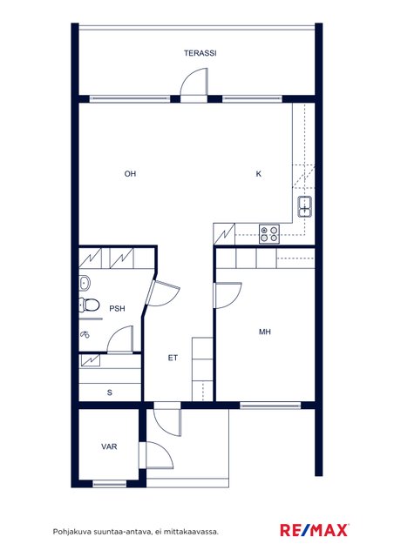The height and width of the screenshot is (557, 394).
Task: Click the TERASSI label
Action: point(200,53)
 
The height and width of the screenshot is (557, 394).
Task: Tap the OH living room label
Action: point(130,174)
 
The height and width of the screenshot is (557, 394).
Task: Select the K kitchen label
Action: point(259,174)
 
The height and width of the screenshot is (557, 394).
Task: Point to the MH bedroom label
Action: point(265,332)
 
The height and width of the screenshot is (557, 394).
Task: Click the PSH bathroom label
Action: point(117,308)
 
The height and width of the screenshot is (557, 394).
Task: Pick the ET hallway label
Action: point(173,358)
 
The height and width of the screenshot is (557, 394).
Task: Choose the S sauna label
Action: point(110,393)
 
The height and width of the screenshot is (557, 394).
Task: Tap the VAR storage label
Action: point(109,446)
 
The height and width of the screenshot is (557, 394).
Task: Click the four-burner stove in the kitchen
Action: point(269,234)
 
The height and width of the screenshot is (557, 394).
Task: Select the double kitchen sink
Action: point(305,206)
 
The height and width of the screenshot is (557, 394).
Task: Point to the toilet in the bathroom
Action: point(89,305)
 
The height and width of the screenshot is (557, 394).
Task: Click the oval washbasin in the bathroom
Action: point(85,283)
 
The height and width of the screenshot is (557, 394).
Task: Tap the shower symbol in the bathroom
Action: point(85,334)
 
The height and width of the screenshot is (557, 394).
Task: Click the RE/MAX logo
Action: point(315,530)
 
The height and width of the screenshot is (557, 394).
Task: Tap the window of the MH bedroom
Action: point(270,406)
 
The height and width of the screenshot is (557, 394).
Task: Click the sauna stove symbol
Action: point(91,360)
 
